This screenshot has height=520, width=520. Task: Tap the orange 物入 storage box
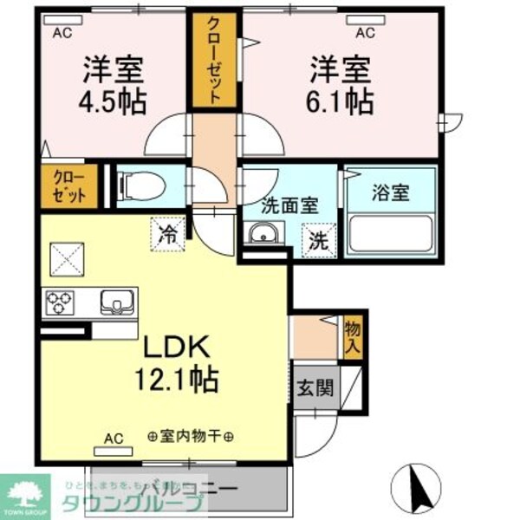(x=353, y=335)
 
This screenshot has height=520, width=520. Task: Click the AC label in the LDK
(x=113, y=439)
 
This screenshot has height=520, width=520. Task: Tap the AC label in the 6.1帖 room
(x=364, y=33)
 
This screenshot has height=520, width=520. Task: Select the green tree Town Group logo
(x=27, y=496)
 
